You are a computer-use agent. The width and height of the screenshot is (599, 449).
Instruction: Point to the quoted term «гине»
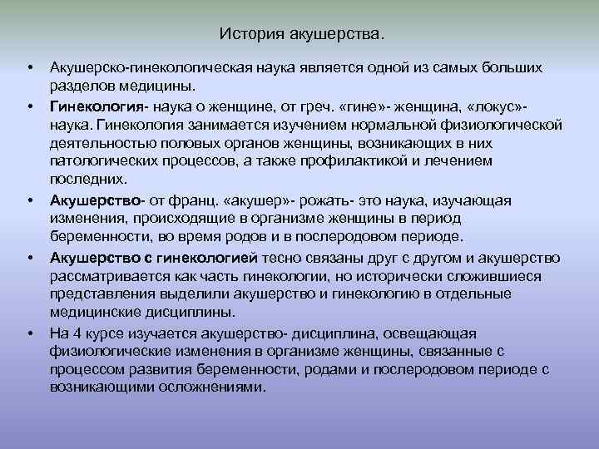[393, 107]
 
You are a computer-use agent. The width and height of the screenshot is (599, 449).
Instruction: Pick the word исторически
[393, 276]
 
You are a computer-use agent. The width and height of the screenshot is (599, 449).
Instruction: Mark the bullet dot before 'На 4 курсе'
[30, 334]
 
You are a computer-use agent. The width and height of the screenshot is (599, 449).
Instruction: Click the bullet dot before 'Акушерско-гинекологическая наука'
[30, 66]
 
